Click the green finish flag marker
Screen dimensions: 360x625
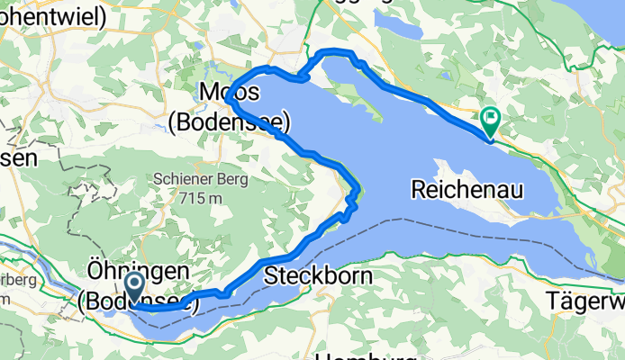pyautogui.click(x=491, y=118)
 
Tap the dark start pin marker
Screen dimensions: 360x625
pyautogui.click(x=134, y=289)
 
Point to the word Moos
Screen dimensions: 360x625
pyautogui.click(x=231, y=93)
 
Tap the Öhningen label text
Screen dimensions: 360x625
pyautogui.click(x=138, y=271)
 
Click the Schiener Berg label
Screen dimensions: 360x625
pyautogui.click(x=201, y=178)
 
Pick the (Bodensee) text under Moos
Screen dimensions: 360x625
pyautogui.click(x=230, y=120)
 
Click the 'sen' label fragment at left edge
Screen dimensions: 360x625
pyautogui.click(x=18, y=158)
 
